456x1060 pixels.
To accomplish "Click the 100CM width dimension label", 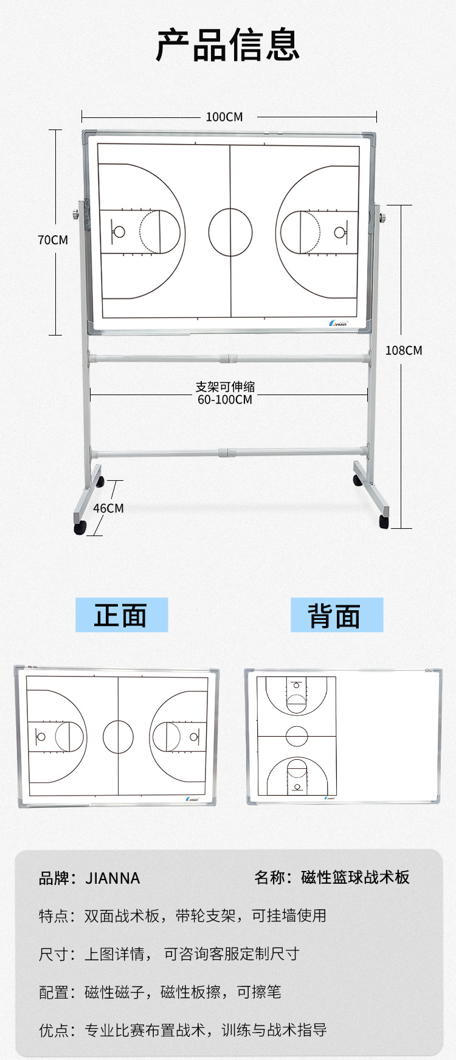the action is click(x=224, y=117).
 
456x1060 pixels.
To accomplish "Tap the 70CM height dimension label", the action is click(x=53, y=240).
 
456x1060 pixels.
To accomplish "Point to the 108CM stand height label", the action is click(x=404, y=350).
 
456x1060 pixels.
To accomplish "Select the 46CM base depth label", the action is click(x=108, y=508).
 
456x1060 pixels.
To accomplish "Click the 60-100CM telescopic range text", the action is click(x=224, y=400).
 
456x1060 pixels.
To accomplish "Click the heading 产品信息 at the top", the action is click(x=227, y=44).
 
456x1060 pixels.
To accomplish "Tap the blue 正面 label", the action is click(x=121, y=615).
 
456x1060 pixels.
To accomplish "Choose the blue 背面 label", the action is click(x=336, y=615).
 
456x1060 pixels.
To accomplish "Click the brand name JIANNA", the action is click(x=112, y=878).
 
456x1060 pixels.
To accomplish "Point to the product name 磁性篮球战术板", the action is click(x=355, y=878).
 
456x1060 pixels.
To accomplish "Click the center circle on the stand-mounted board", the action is click(x=230, y=232).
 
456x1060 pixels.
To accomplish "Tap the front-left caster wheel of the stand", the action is click(x=80, y=528).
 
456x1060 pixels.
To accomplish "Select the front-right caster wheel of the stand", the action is click(x=384, y=521).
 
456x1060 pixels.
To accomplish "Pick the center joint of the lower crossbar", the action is click(x=226, y=453).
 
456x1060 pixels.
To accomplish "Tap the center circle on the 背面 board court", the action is click(x=297, y=736).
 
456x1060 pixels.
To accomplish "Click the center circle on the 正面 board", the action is click(x=118, y=737).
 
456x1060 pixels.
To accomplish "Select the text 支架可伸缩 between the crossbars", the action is click(x=225, y=387).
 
